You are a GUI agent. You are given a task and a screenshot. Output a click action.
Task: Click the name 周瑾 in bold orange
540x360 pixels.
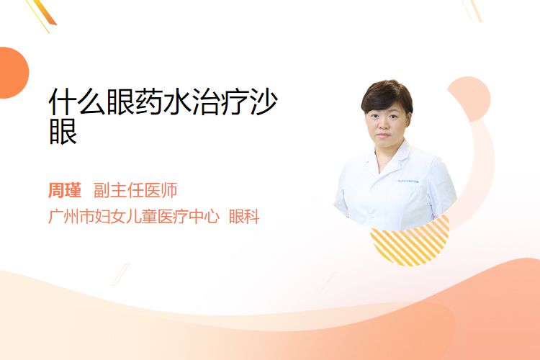pyautogui.click(x=65, y=191)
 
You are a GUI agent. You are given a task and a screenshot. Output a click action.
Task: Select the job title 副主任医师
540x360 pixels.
pyautogui.click(x=135, y=191)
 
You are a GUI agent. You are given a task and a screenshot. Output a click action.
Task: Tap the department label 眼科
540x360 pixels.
pyautogui.click(x=244, y=217)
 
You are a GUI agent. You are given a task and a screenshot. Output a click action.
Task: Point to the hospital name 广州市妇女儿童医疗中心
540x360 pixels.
pyautogui.click(x=134, y=217)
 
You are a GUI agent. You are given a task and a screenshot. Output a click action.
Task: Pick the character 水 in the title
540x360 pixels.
pyautogui.click(x=177, y=102)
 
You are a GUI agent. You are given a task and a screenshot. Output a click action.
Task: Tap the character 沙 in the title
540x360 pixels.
pyautogui.click(x=264, y=102)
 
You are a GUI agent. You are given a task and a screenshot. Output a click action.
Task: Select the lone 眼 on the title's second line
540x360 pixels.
pyautogui.click(x=63, y=131)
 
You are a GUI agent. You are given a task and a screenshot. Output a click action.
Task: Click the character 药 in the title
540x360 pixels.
pyautogui.click(x=149, y=102)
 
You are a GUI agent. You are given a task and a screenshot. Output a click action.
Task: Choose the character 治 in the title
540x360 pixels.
pyautogui.click(x=206, y=102)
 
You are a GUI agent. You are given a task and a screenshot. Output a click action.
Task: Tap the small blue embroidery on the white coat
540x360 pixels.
pyautogui.click(x=408, y=181)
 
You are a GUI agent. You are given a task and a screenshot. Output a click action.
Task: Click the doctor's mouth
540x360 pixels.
pyautogui.click(x=383, y=135)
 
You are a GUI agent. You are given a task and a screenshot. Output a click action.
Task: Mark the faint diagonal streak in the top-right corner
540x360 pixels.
pyautogui.click(x=472, y=10)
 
